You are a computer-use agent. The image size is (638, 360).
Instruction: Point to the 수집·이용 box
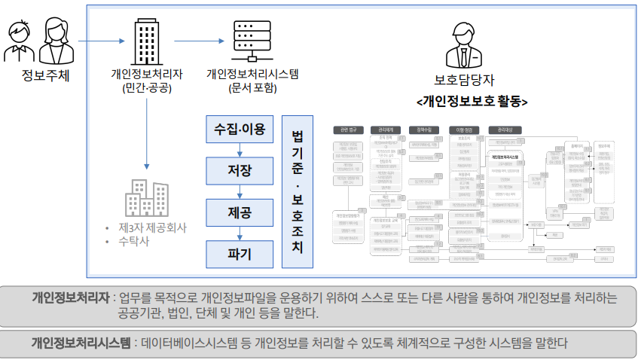(x=240, y=130)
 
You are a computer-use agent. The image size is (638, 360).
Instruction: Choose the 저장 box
(x=240, y=171)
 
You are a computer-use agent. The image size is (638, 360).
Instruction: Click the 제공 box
(x=240, y=213)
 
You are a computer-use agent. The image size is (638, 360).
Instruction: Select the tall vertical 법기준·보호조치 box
(x=297, y=192)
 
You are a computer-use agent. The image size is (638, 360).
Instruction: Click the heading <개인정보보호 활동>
(x=472, y=101)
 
